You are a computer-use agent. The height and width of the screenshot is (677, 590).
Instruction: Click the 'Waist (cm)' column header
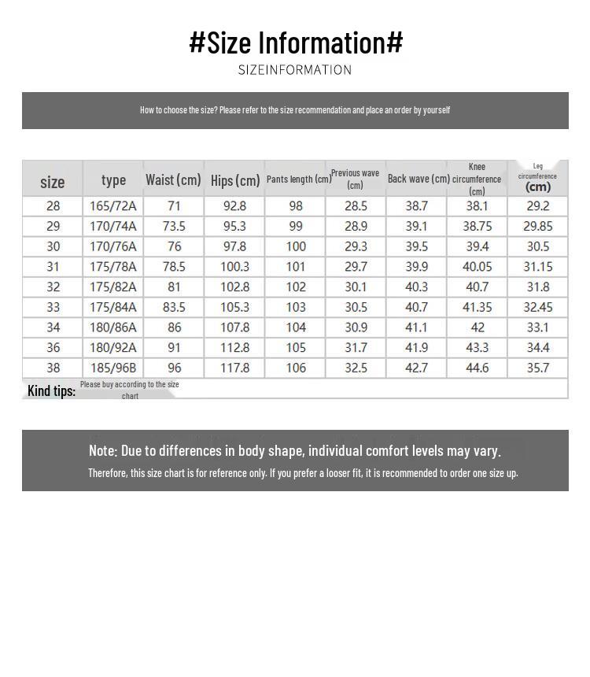tap(173, 180)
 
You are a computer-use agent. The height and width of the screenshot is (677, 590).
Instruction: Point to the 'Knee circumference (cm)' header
tap(477, 179)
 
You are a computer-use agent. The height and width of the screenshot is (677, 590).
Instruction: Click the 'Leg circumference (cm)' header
tap(538, 178)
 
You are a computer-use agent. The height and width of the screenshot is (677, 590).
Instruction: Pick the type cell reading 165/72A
tap(113, 206)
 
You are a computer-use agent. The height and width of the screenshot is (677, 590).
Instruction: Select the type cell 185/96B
tap(113, 368)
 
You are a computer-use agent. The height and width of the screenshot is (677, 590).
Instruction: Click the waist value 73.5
tap(174, 227)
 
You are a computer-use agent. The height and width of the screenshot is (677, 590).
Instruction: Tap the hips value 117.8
tap(235, 368)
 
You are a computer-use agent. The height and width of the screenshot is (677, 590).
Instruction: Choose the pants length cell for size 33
tap(296, 307)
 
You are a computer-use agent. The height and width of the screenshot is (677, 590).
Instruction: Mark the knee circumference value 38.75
tap(478, 227)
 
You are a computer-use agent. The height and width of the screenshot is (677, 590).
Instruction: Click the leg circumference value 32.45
tap(538, 307)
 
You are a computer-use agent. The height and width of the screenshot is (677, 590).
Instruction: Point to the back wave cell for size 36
tap(416, 347)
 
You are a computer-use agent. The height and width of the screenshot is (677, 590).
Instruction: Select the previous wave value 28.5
tap(356, 206)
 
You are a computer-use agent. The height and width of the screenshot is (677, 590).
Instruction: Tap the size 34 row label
tap(53, 327)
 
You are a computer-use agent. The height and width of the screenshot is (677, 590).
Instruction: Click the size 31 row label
tap(53, 267)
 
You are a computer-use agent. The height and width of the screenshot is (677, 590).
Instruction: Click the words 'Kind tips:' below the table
tap(51, 390)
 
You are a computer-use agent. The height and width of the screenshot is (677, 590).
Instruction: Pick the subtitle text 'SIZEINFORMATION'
tap(295, 70)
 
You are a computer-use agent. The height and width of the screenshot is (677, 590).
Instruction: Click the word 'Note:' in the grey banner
tap(103, 451)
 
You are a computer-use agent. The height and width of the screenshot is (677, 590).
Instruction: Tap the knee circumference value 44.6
tap(478, 368)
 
